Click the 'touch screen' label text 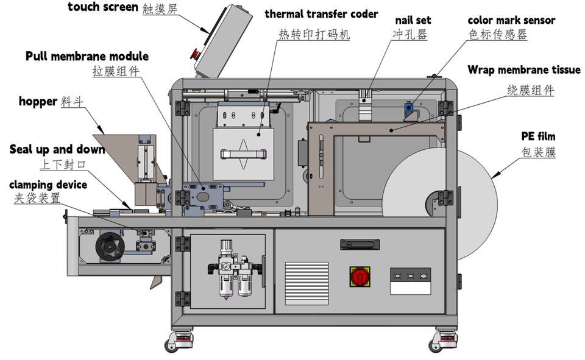pyautogui.click(x=102, y=7)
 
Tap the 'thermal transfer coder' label pyautogui.click(x=321, y=14)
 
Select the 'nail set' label pyautogui.click(x=413, y=20)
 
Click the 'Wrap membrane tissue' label pyautogui.click(x=523, y=70)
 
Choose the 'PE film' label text pyautogui.click(x=538, y=136)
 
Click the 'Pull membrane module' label pyautogui.click(x=87, y=57)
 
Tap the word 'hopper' pyautogui.click(x=38, y=101)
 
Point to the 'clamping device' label pyautogui.click(x=48, y=184)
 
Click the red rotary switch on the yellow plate pyautogui.click(x=360, y=276)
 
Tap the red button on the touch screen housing pyautogui.click(x=195, y=54)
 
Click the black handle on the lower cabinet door pyautogui.click(x=360, y=244)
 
